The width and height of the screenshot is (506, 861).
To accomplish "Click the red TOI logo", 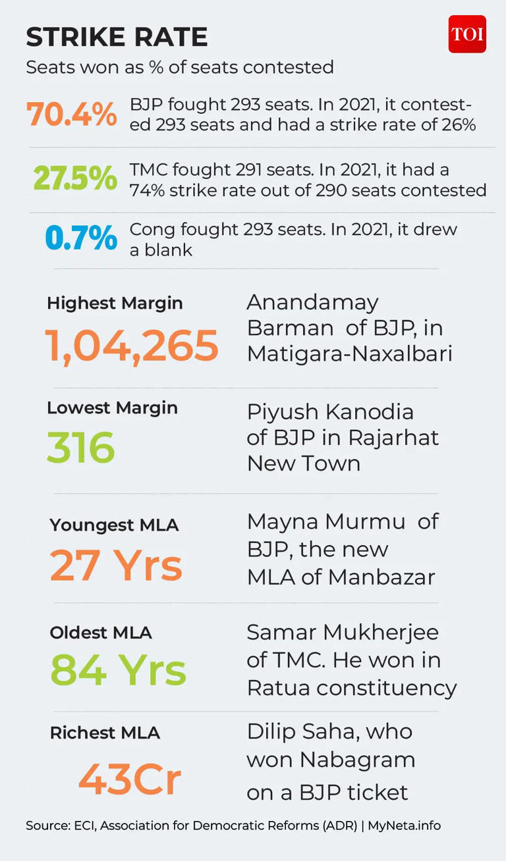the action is click(x=467, y=34).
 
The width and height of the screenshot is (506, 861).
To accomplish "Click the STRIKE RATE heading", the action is click(x=117, y=37).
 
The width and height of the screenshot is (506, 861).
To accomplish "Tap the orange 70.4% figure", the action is click(x=72, y=114).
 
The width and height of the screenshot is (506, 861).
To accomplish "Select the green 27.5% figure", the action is click(x=75, y=178).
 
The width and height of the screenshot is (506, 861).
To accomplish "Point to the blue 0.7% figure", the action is click(x=81, y=238).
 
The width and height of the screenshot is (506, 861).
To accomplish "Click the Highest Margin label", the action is click(x=115, y=303).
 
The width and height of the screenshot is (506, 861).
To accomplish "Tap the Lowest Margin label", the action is click(x=113, y=408).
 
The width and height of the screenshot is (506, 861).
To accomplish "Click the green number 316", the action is click(x=81, y=447).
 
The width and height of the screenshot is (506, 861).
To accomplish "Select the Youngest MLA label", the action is click(x=114, y=525).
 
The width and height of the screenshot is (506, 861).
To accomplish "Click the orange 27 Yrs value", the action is click(x=116, y=565).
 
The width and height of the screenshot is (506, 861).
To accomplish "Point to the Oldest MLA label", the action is click(x=101, y=633).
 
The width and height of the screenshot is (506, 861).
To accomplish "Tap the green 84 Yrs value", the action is click(x=118, y=669).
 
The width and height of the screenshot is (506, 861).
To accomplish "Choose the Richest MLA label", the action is click(x=105, y=733).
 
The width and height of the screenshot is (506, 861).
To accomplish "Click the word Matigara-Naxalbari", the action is click(x=349, y=354).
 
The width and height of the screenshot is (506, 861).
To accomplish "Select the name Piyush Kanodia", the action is click(x=330, y=413).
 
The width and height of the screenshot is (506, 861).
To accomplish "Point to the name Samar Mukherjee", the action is click(x=343, y=633).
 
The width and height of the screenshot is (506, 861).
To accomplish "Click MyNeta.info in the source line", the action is click(x=404, y=825).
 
